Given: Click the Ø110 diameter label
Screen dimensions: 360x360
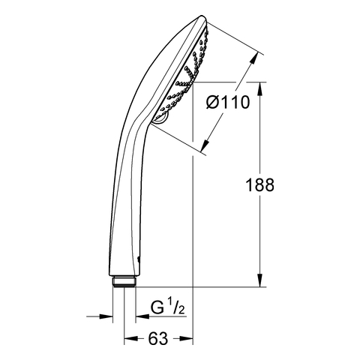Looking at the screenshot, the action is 228,102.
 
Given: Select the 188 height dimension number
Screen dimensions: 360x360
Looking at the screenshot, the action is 260,185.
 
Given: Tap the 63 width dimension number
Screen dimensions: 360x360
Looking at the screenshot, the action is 158,339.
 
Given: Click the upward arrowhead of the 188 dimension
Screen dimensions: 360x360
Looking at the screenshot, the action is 260,88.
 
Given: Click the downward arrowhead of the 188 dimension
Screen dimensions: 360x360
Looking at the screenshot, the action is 260,280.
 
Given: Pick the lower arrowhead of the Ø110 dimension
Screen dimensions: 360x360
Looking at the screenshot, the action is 205,145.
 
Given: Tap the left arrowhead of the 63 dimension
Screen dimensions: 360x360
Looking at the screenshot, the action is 131,339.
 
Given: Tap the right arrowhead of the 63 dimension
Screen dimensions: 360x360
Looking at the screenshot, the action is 186,339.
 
